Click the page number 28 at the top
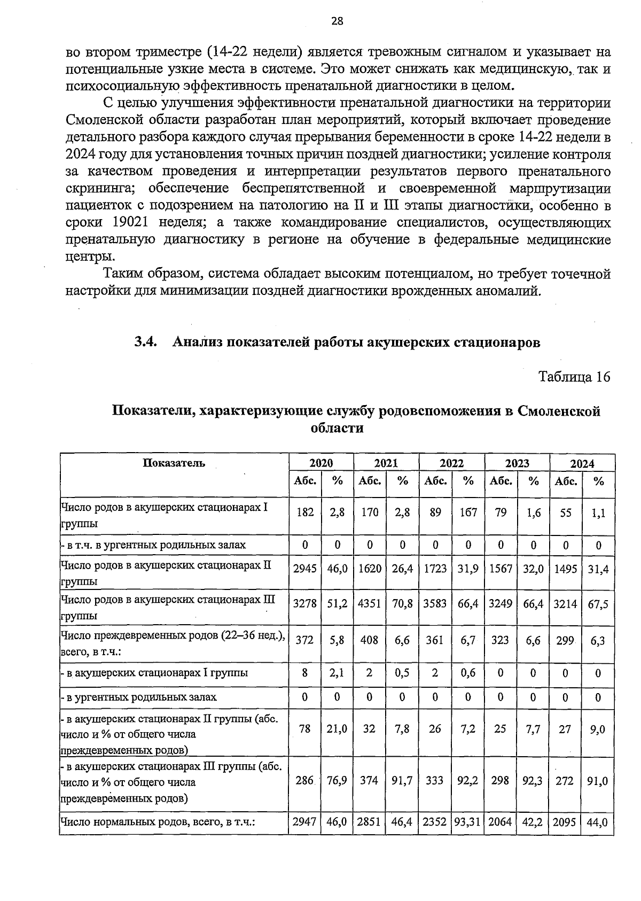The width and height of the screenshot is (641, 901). [337, 21]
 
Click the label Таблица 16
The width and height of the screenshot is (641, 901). [574, 377]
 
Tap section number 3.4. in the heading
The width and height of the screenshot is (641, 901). [145, 342]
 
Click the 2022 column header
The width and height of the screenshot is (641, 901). [451, 463]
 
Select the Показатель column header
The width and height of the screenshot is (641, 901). [174, 463]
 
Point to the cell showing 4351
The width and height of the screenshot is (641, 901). [370, 604]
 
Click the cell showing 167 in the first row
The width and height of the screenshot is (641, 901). [468, 512]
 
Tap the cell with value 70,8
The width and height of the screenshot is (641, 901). [402, 604]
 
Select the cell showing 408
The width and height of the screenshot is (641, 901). [370, 640]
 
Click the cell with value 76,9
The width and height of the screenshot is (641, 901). [337, 781]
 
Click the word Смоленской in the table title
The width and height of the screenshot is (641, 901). [559, 411]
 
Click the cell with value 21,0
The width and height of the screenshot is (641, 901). [337, 729]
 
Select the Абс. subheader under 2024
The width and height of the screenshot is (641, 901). [566, 481]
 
